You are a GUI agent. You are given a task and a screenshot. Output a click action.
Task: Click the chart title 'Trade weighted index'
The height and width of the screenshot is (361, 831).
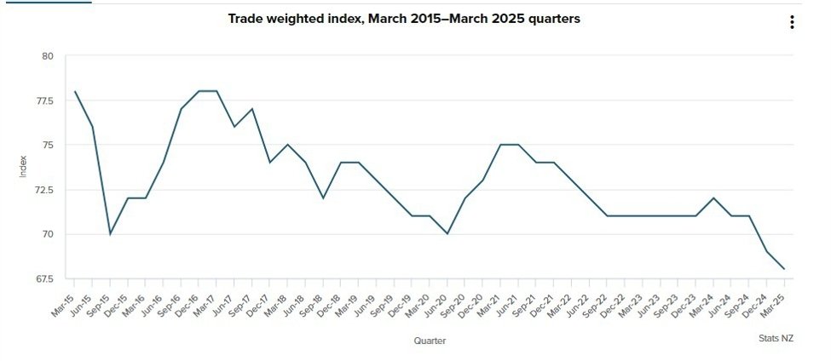coord(404,18)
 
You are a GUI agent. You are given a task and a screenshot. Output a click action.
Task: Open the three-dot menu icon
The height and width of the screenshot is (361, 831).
coord(792,23)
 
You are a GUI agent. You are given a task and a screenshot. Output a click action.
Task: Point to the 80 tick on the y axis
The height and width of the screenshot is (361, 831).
coord(47,56)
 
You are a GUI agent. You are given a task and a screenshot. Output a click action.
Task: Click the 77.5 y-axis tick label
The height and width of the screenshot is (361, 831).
coord(43,100)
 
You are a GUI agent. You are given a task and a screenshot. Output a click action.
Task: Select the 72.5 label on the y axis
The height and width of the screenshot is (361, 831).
coord(43,190)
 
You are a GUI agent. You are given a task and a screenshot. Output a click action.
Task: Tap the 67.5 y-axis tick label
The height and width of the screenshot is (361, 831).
coord(43,278)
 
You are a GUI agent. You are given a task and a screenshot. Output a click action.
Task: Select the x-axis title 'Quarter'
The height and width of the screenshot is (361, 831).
coord(430,341)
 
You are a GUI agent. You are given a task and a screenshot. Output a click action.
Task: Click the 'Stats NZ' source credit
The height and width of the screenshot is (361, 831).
coord(776,338)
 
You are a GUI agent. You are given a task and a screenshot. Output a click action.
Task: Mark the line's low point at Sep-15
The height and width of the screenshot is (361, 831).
coord(110,234)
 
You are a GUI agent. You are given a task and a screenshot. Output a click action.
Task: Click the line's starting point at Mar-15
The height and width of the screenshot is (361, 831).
coord(75,92)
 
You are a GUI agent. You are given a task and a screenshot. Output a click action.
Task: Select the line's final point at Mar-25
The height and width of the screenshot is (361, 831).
coord(784,269)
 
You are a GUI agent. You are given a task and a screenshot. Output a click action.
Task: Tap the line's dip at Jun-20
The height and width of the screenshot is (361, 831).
coord(447,234)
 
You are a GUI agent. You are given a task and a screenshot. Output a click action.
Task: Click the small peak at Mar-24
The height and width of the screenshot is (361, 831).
coord(713,198)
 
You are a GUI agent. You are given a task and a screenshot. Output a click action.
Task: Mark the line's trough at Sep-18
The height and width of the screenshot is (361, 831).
coord(323,198)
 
